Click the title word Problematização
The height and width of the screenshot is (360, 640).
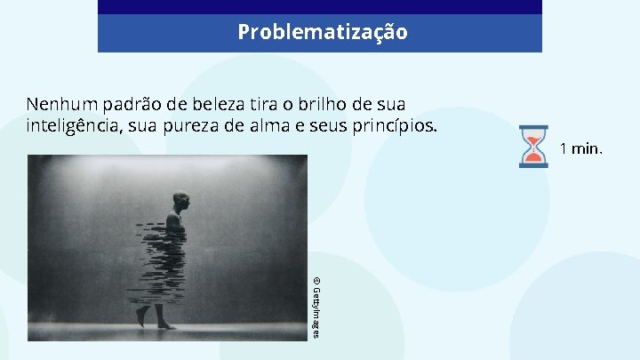(x=322, y=33)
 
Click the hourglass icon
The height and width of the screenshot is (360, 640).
(x=533, y=147)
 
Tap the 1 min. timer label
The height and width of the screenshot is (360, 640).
(x=581, y=148)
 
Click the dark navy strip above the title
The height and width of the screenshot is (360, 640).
(x=320, y=7)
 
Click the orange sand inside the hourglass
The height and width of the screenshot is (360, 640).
(x=533, y=156)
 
